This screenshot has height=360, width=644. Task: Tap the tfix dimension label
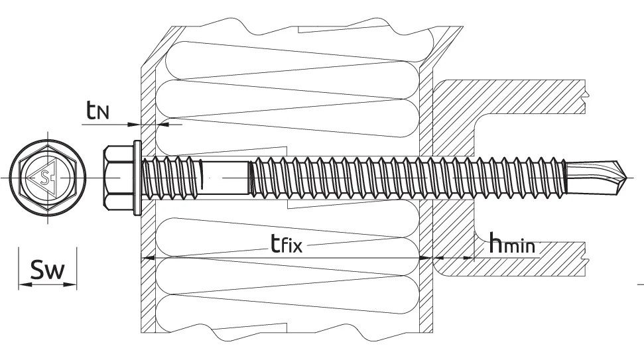pyautogui.click(x=287, y=243)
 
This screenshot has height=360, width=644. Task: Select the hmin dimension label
pyautogui.click(x=512, y=243)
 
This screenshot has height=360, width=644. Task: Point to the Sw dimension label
pyautogui.click(x=48, y=269)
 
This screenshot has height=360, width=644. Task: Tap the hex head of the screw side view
pyautogui.click(x=118, y=178)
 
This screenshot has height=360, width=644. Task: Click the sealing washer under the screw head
pyautogui.click(x=137, y=178)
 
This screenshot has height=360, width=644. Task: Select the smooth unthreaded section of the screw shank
pyautogui.click(x=225, y=177)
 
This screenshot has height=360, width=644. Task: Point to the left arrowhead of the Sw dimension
pyautogui.click(x=25, y=284)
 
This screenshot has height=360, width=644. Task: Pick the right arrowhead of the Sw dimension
pyautogui.click(x=70, y=284)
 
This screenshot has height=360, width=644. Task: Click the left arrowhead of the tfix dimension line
pyautogui.click(x=147, y=258)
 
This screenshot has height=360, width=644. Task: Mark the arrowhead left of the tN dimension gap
pyautogui.click(x=134, y=124)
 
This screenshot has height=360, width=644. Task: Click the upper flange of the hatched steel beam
pyautogui.click(x=509, y=97)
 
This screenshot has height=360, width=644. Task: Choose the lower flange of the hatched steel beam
pyautogui.click(x=509, y=259)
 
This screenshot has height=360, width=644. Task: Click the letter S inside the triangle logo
pyautogui.click(x=44, y=177)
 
